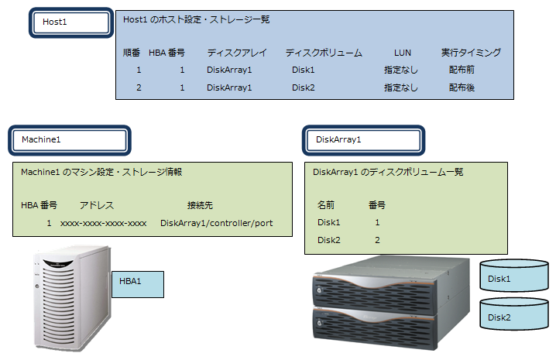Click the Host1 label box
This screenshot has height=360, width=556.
point(72,22)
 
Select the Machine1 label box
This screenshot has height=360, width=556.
point(70,139)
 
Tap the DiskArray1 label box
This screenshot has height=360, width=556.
point(363,139)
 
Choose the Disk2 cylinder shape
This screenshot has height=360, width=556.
point(514,317)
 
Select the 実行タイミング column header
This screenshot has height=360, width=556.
point(472,53)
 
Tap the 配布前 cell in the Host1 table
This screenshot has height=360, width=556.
point(462,70)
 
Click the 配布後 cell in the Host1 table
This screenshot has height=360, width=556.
point(462,88)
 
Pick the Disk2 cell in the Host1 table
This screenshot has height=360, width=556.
point(304,88)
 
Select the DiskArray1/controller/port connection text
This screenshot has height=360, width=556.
point(216,224)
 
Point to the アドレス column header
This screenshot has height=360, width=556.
point(97,205)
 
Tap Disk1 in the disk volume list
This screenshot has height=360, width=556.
point(329,223)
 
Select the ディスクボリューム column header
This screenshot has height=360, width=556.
point(324,53)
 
